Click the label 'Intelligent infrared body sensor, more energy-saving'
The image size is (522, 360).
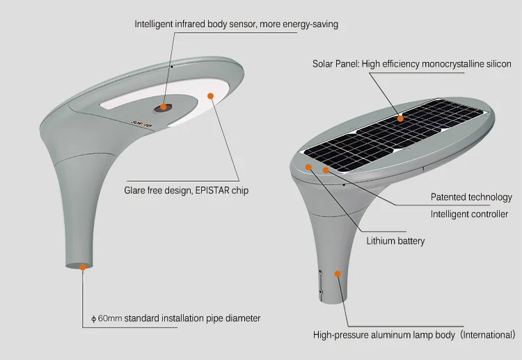236,24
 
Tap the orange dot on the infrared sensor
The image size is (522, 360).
165,107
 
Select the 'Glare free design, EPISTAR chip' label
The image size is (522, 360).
186,190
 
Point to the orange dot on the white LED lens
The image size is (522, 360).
210,95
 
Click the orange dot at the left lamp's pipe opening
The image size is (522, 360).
82,266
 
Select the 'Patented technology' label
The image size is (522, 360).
471,197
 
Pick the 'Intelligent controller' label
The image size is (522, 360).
469,214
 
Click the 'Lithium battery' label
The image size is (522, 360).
395,241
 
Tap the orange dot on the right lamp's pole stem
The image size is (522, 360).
338,274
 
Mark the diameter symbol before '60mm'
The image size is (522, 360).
93,319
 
